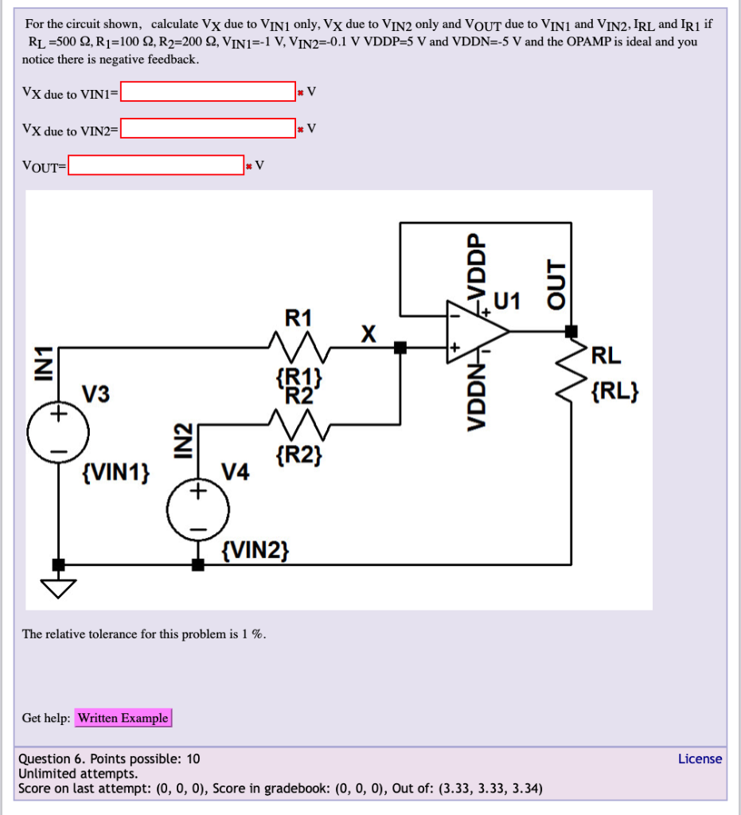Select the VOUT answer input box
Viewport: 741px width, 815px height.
click(156, 165)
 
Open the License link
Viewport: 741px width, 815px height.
click(700, 758)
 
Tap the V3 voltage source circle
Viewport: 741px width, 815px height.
click(58, 434)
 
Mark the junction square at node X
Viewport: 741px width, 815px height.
click(400, 347)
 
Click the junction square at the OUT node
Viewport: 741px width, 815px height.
click(571, 330)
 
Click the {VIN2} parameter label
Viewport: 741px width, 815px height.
click(256, 550)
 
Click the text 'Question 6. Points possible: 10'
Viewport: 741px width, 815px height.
click(109, 758)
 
